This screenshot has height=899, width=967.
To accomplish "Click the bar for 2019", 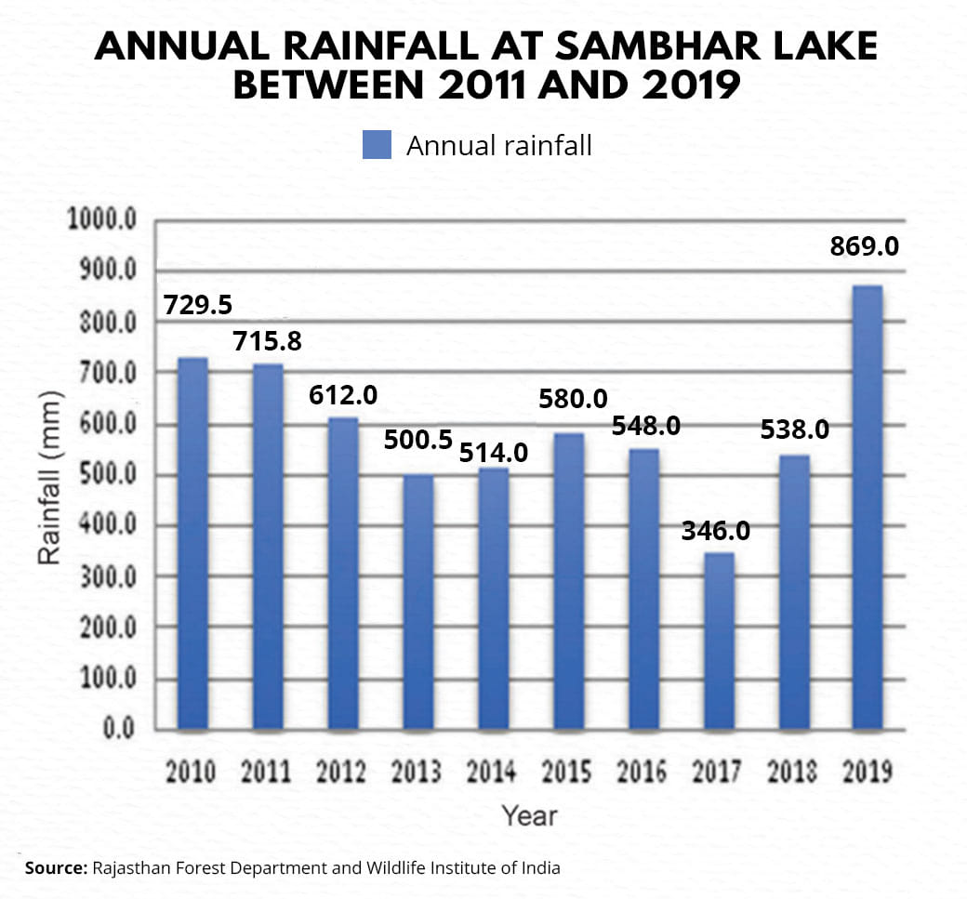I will click(868, 507).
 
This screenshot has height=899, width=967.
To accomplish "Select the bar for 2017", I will click(718, 641).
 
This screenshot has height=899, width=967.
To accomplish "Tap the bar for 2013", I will click(417, 601).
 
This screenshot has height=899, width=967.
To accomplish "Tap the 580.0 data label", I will click(574, 400).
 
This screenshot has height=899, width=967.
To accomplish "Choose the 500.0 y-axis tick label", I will click(107, 475).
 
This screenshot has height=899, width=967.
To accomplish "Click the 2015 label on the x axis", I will click(567, 773).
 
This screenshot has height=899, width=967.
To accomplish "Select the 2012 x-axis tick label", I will click(341, 773).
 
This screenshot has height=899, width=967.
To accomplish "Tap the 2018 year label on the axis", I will click(793, 773).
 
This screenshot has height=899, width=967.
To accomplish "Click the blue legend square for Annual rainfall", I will click(377, 146).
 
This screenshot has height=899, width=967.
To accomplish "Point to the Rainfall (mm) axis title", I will click(50, 477).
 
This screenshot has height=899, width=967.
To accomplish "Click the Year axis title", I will click(529, 815).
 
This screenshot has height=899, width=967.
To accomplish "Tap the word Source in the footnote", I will click(54, 868).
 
